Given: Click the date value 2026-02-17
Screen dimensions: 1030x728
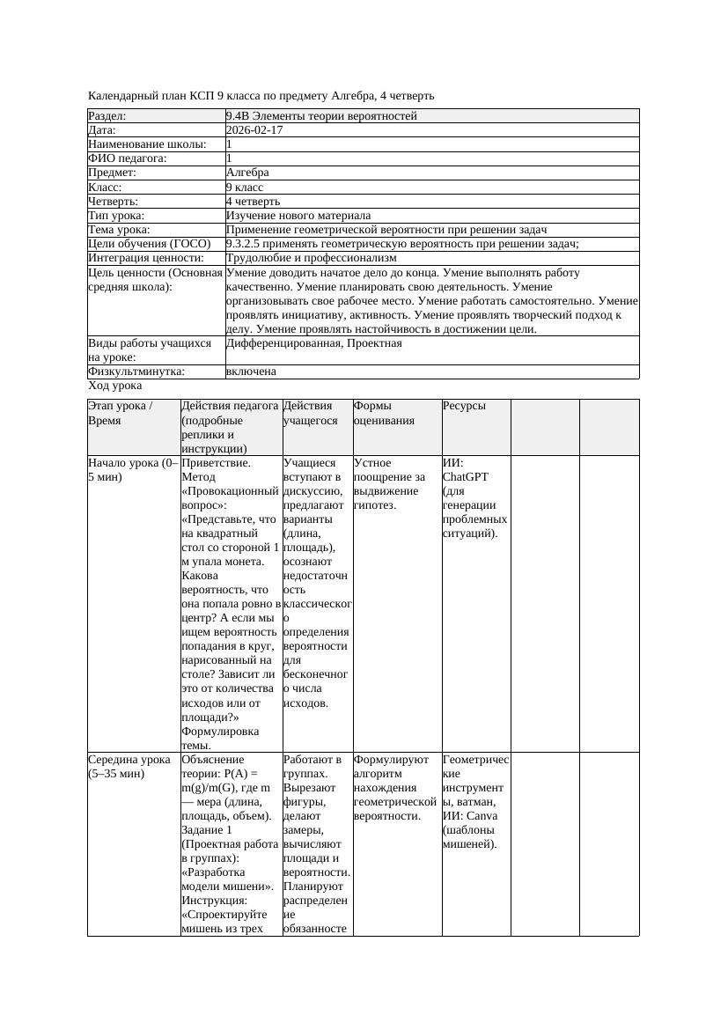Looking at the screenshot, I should point(254,130).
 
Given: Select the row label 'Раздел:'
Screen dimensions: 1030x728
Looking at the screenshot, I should point(107,116).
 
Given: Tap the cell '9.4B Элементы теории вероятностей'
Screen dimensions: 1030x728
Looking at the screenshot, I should point(321,116).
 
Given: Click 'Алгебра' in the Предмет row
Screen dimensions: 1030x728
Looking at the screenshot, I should point(247,173).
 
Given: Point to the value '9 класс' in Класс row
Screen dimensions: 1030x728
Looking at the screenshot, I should point(245,188).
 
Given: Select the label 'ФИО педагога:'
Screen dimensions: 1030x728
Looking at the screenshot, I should point(128,158).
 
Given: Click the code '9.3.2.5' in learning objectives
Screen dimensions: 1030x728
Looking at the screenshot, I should point(246,244).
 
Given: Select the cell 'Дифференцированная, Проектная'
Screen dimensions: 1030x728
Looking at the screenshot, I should point(313,343).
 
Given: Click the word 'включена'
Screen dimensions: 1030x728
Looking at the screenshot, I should point(251,372).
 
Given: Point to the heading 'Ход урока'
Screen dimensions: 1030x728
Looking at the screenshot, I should point(115,386).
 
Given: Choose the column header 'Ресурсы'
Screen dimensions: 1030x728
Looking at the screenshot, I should point(464,406).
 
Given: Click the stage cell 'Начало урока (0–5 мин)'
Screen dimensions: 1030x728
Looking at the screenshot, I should point(133,469).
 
